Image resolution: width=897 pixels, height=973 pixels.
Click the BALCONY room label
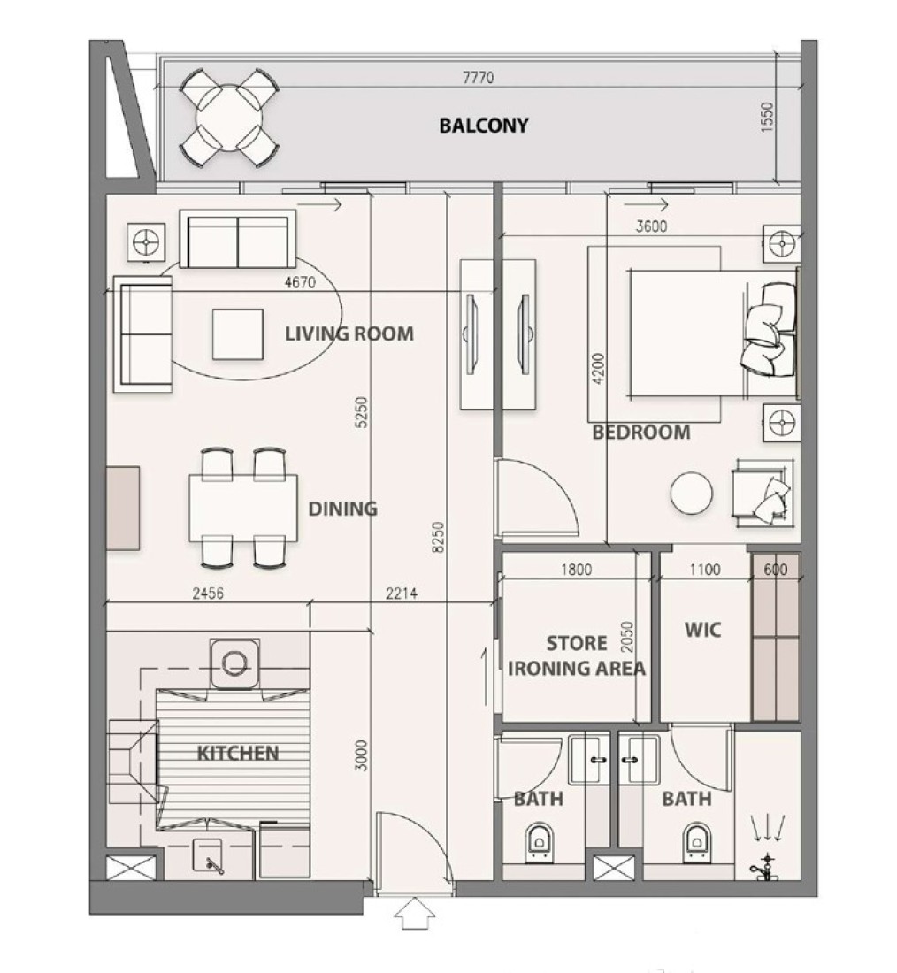point(484,126)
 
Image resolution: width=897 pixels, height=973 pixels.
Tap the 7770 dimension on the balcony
point(478,78)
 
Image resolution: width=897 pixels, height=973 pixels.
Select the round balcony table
point(229,118)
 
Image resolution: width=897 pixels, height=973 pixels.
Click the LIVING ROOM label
point(349,333)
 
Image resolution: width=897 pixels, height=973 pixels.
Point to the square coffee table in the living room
point(238,334)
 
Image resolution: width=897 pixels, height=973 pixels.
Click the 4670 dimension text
point(300,282)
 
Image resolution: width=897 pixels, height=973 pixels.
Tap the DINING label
point(342,509)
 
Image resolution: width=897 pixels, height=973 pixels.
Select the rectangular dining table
point(243,508)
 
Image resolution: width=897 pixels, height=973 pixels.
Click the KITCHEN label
point(238,754)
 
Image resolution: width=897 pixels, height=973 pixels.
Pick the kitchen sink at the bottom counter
point(208,858)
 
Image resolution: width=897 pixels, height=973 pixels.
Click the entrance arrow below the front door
point(415,915)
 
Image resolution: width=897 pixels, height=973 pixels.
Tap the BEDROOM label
point(641,432)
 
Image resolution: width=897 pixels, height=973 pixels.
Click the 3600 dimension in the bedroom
point(651,226)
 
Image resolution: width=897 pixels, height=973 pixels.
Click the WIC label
point(702,631)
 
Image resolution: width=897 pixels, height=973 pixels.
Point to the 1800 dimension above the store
point(576,570)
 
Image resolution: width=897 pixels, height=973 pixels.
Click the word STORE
point(577,643)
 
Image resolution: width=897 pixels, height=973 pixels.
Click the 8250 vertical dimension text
point(438,538)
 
